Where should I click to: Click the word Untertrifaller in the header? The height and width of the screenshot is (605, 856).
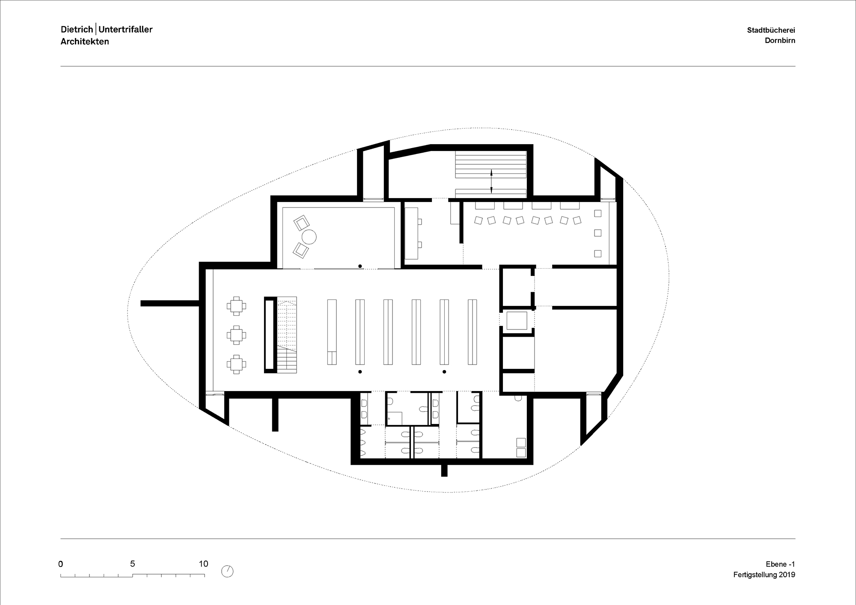[x=125, y=29]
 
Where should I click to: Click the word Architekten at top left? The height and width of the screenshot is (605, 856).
[x=85, y=42]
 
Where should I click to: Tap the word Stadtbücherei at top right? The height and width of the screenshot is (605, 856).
[x=771, y=30]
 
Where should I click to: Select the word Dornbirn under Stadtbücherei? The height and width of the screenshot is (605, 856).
[x=780, y=41]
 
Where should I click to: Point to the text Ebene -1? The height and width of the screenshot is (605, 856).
[x=780, y=564]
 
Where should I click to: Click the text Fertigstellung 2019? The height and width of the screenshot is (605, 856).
[x=764, y=575]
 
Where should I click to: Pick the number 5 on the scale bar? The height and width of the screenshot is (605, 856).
[x=133, y=564]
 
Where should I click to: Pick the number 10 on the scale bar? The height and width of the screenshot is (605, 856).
[x=203, y=564]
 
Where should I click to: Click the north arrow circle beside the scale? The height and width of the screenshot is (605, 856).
[x=227, y=571]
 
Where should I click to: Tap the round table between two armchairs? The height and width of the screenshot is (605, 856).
[x=309, y=237]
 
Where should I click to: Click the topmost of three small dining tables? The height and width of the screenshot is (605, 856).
[x=236, y=305]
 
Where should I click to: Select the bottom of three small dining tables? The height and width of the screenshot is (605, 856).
[x=236, y=365]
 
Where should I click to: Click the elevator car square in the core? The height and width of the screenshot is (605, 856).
[x=517, y=320]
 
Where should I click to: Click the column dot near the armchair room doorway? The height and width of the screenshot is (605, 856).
[x=360, y=266]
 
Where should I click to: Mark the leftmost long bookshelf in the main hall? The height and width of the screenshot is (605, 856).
[x=332, y=332]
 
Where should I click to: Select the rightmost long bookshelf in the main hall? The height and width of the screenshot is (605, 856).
[x=472, y=332]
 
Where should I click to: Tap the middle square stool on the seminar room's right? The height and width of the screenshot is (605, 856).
[x=597, y=233]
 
